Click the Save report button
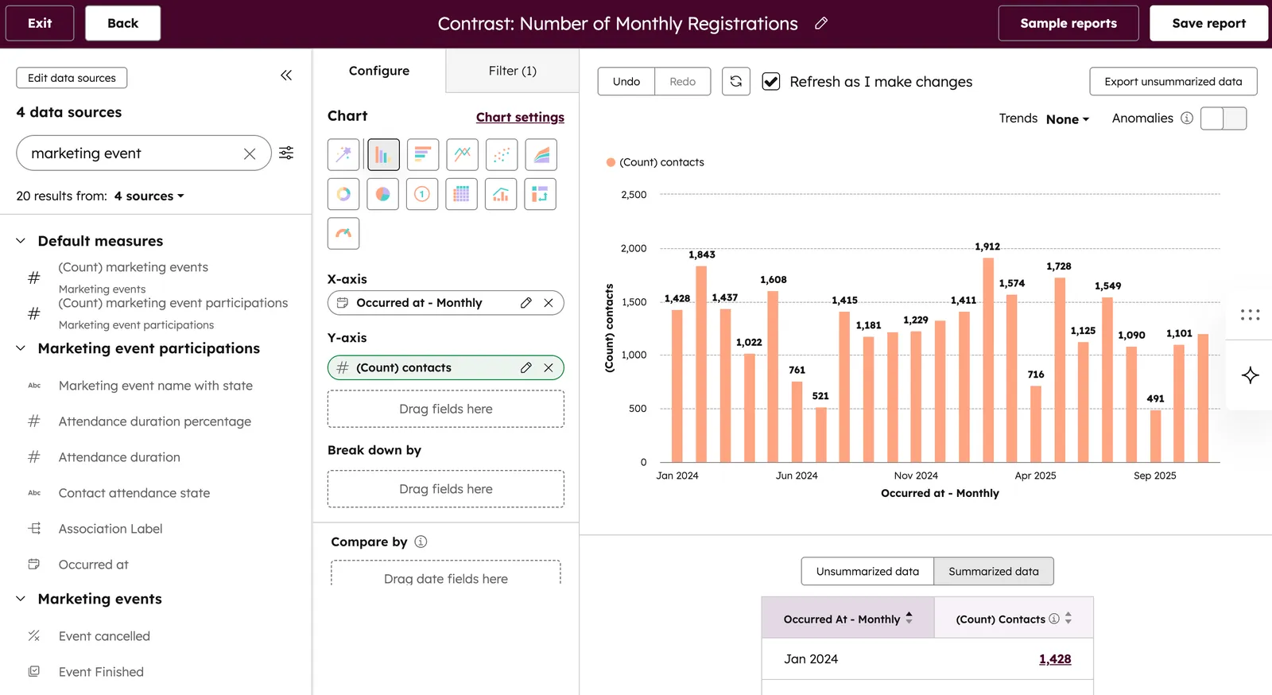tap(1208, 23)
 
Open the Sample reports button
tap(1068, 23)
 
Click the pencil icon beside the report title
tap(821, 23)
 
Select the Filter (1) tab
tap(512, 71)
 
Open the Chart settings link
tap(520, 117)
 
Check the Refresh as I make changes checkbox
tap(770, 81)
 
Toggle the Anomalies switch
tap(1224, 118)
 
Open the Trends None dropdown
tap(1067, 119)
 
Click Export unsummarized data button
tap(1173, 81)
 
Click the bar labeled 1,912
tap(988, 358)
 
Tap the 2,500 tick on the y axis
tap(634, 195)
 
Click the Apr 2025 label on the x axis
tap(1035, 476)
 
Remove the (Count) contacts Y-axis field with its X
tap(549, 367)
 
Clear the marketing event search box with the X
tap(250, 153)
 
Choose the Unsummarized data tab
tap(867, 571)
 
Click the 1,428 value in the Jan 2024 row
tap(1054, 658)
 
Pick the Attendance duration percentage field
tap(155, 421)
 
